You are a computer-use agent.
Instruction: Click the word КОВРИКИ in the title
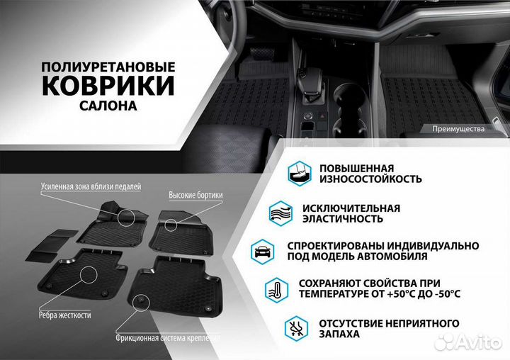click(108, 85)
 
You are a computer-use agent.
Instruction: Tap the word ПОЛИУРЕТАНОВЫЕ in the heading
click(108, 66)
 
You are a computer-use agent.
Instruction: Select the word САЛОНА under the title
click(108, 105)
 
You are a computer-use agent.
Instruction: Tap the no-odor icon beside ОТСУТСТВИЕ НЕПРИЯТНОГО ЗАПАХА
click(296, 327)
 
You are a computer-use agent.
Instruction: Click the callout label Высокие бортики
click(195, 195)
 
